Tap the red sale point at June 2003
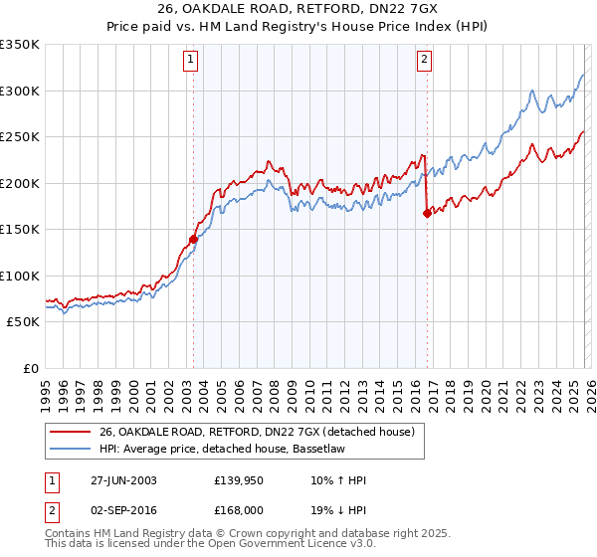pyautogui.click(x=193, y=239)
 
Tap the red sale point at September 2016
pyautogui.click(x=427, y=212)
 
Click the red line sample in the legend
pyautogui.click(x=70, y=431)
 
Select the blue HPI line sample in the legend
pyautogui.click(x=70, y=449)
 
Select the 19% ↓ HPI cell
pyautogui.click(x=338, y=512)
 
